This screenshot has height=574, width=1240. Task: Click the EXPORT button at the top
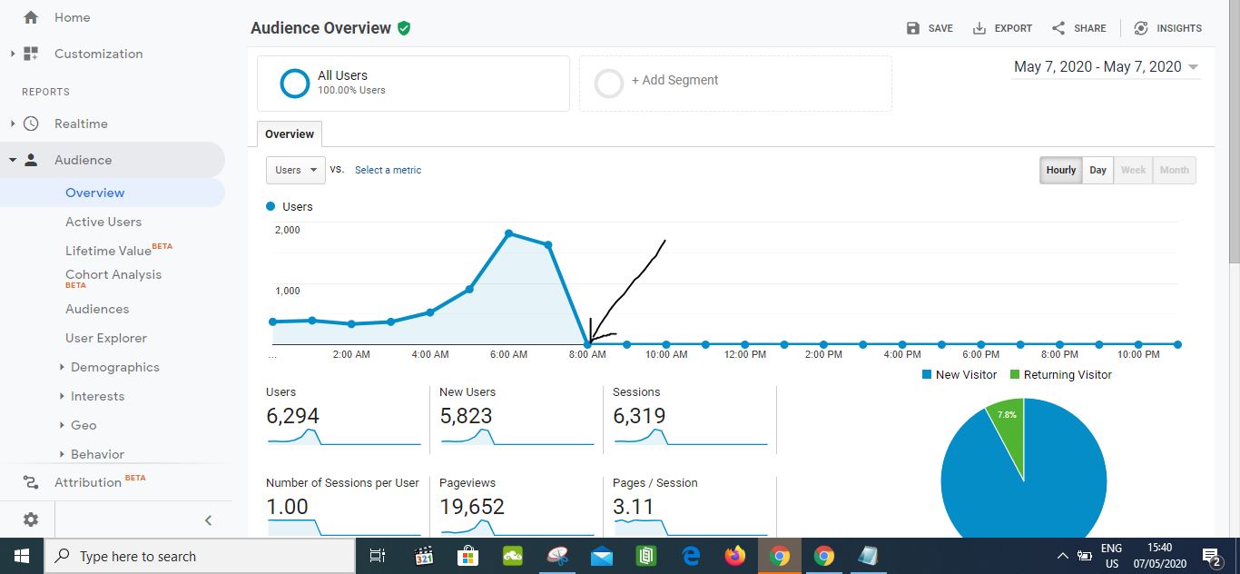pos(1002,28)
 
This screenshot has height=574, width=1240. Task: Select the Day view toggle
pos(1097,170)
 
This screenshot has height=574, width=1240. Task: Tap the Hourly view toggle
pos(1060,170)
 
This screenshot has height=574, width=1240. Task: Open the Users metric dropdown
pos(295,170)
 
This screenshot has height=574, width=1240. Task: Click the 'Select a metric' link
pos(388,170)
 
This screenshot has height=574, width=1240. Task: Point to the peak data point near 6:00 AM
pos(509,233)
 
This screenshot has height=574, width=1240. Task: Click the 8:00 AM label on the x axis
pos(587,354)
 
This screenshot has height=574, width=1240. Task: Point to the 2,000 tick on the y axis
pos(287,230)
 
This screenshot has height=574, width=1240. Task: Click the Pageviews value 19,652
pos(471,506)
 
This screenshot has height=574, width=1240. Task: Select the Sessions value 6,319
pos(639,415)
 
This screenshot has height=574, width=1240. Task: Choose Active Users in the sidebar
pos(103,222)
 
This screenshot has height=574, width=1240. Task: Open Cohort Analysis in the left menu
pos(113,274)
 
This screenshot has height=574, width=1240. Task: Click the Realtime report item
pos(81,124)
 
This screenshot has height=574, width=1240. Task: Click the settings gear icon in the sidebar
pos(31,520)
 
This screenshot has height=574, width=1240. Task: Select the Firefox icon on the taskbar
pos(734,556)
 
